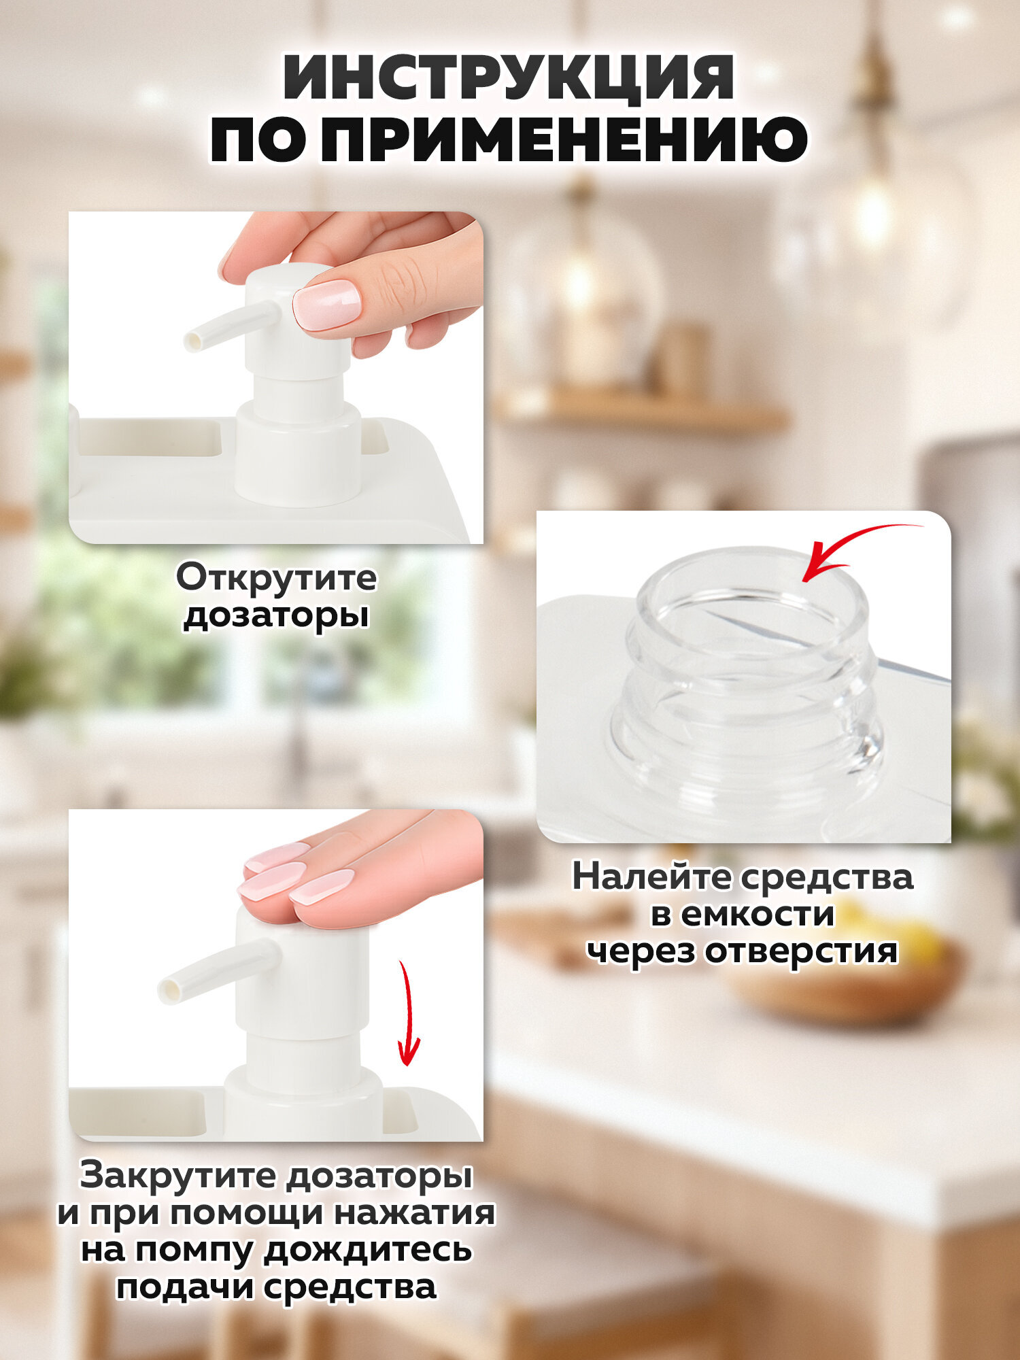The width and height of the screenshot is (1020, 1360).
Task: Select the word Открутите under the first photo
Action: click(276, 579)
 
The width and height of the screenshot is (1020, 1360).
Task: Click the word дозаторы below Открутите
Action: click(276, 615)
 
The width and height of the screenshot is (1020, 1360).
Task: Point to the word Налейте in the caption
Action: click(651, 877)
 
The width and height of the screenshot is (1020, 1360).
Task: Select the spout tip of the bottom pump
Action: click(169, 991)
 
